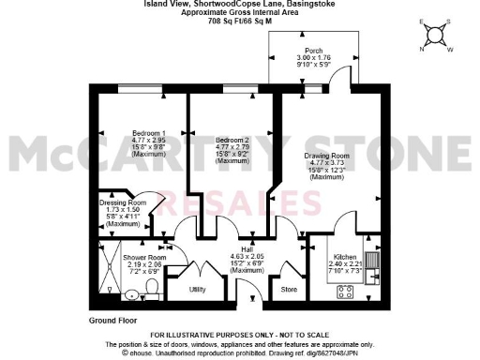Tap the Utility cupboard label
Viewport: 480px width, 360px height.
pos(198,290)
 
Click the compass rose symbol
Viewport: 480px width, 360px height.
pos(435,37)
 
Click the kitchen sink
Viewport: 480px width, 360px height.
pos(372,260)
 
